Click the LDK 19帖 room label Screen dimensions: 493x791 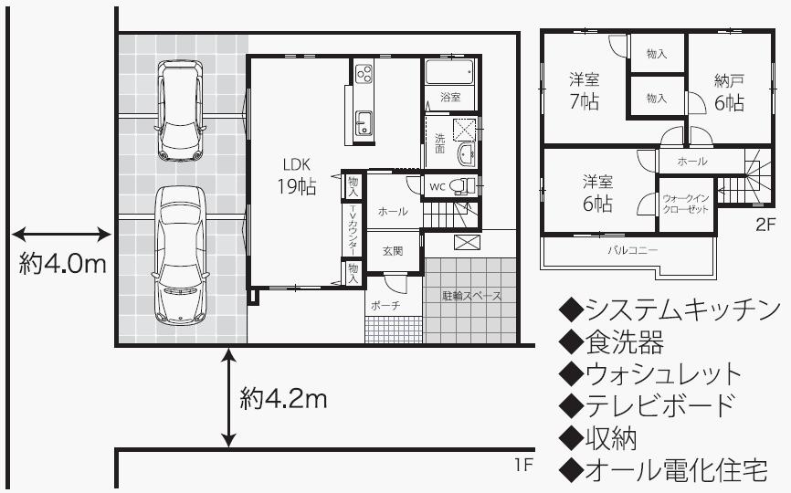click(x=299, y=176)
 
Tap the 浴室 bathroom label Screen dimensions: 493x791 click(x=449, y=96)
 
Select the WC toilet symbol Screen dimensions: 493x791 click(x=464, y=186)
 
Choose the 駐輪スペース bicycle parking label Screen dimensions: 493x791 click(x=472, y=296)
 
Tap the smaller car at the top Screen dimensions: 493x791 click(x=179, y=110)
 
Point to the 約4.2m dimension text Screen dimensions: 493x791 click(x=284, y=399)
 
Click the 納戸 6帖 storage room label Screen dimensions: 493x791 click(x=729, y=92)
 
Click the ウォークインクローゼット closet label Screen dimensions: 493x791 click(x=685, y=203)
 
